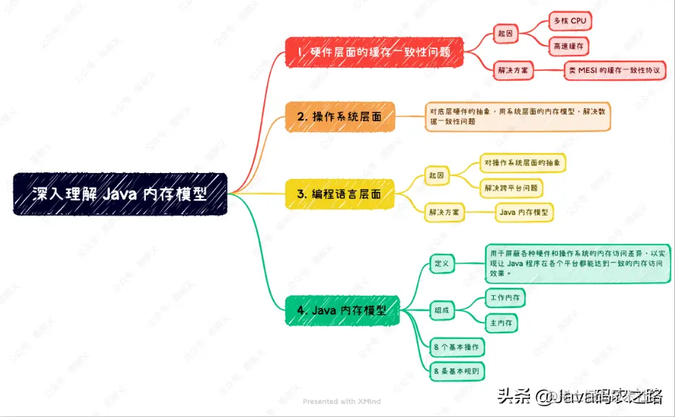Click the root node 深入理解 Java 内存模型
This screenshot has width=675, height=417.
[120, 194]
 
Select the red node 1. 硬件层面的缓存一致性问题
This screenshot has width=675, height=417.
[373, 53]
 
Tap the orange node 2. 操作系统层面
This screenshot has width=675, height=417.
[340, 116]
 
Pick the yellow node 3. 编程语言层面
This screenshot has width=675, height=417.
[340, 194]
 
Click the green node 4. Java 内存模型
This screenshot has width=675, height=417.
[341, 310]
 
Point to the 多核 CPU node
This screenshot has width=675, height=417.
[569, 21]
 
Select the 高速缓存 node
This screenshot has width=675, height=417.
[569, 45]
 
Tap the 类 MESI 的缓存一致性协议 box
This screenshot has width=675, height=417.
[614, 70]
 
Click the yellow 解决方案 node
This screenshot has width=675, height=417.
[445, 212]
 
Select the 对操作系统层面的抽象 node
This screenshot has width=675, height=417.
[523, 162]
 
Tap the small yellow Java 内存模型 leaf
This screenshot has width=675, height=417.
[525, 212]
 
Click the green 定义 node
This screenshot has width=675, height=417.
[441, 263]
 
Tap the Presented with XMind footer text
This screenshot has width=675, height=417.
[341, 401]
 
